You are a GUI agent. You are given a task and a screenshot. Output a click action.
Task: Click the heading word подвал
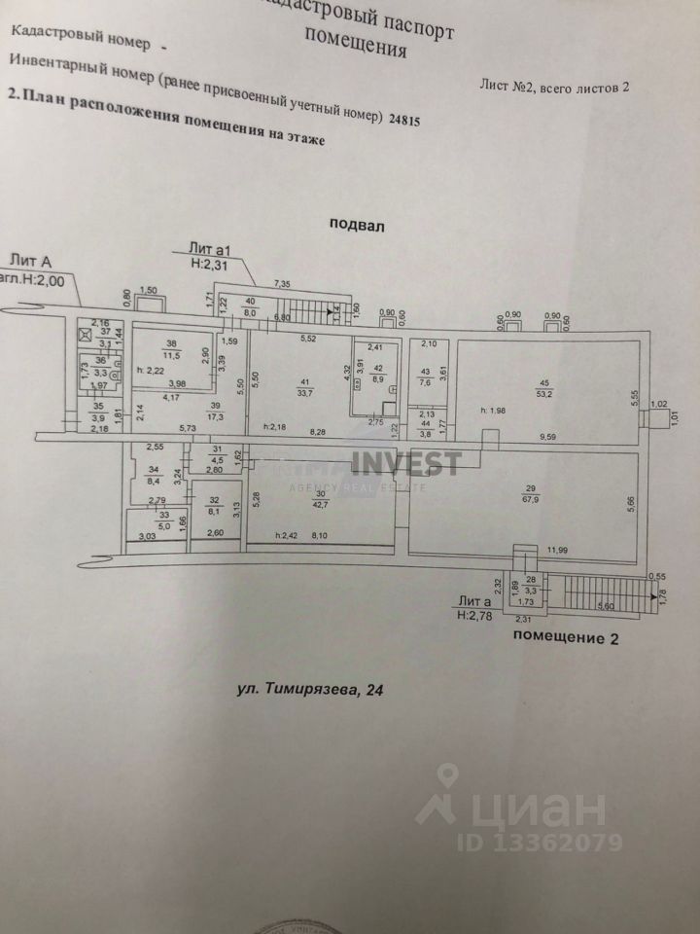[358, 224]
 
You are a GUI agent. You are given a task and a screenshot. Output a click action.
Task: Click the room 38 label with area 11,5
[172, 349]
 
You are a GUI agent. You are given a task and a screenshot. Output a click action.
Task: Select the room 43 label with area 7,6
[424, 378]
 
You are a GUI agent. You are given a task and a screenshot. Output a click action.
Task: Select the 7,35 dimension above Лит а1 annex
[283, 283]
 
